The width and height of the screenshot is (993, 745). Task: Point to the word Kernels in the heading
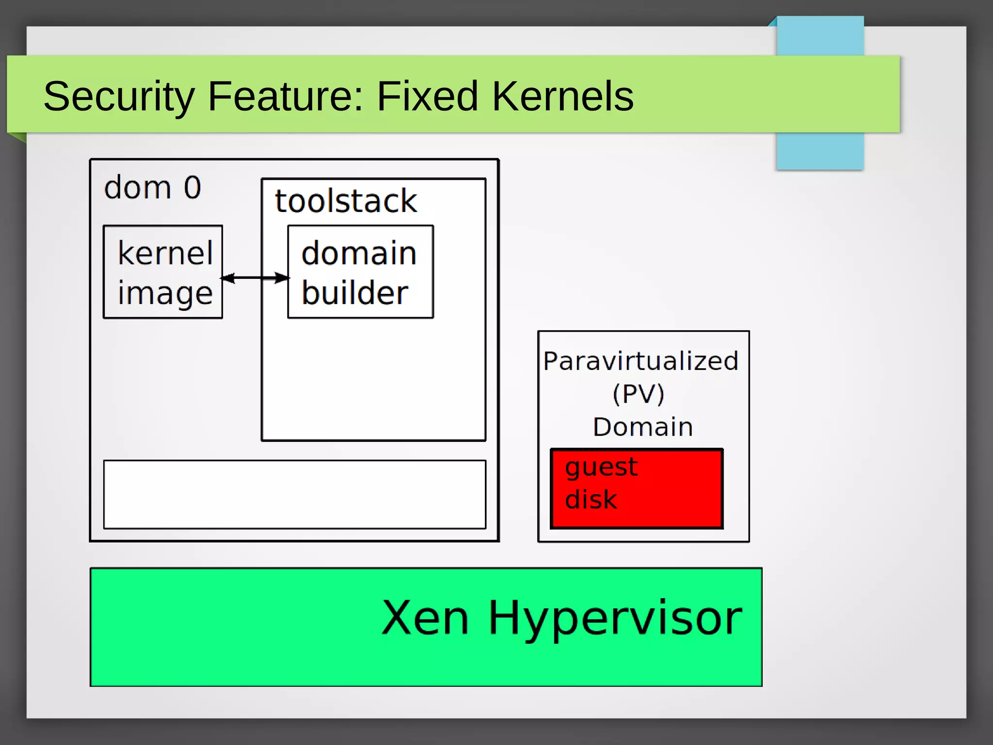coord(562,96)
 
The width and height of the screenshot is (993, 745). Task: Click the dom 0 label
coord(152,187)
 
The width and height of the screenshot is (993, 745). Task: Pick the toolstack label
coord(346,201)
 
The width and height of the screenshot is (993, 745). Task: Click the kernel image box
coord(163,272)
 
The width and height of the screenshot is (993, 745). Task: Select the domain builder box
coord(360,272)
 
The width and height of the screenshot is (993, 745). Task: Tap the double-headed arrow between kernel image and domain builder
coord(255,278)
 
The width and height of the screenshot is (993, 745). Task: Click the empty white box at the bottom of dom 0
coord(294,494)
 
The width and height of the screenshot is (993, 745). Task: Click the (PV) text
coord(638,393)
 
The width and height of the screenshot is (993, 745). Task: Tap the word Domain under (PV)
coord(643,427)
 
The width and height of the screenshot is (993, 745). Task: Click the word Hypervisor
coord(615,618)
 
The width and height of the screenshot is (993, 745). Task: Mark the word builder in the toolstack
coord(354,292)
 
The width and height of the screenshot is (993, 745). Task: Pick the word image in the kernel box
coord(165,293)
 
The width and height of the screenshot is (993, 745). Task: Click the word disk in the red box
coord(591,500)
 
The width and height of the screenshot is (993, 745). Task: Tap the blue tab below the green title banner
coord(819,151)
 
